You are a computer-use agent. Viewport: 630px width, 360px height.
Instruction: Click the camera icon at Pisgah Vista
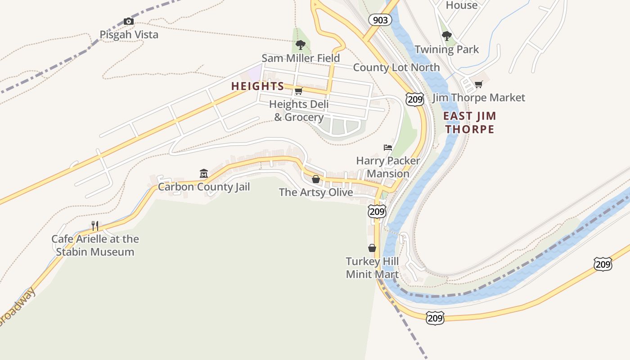click(128, 22)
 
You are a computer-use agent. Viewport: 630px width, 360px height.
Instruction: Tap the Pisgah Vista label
click(129, 35)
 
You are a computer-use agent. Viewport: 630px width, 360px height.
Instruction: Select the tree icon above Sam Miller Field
click(301, 45)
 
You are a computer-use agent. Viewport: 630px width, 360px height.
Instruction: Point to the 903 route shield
click(380, 20)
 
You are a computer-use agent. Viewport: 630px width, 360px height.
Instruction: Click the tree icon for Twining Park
click(446, 36)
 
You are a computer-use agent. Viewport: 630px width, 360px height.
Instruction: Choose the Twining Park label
click(446, 49)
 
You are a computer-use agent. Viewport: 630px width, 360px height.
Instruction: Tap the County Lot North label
click(396, 67)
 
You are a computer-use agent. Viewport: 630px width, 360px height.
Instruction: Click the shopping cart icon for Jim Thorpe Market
click(478, 85)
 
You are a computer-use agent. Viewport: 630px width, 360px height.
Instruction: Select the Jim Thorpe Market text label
click(478, 98)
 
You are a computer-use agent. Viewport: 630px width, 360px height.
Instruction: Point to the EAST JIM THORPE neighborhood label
click(469, 122)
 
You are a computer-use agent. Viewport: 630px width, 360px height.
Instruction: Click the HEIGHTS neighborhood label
click(257, 86)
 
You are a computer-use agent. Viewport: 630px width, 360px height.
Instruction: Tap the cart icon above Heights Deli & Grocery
click(298, 91)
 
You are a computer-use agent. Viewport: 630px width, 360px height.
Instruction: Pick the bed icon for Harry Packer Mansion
click(387, 148)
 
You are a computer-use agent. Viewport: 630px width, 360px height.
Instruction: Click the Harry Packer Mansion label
click(388, 167)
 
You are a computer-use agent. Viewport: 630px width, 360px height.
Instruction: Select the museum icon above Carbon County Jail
click(203, 174)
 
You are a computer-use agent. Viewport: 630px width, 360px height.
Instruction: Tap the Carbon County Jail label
click(203, 187)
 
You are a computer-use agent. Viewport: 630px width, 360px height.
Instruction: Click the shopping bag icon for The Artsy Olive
click(316, 180)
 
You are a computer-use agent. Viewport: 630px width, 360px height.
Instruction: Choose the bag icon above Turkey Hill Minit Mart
click(372, 248)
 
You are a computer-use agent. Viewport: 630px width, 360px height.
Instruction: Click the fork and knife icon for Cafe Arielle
click(95, 225)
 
